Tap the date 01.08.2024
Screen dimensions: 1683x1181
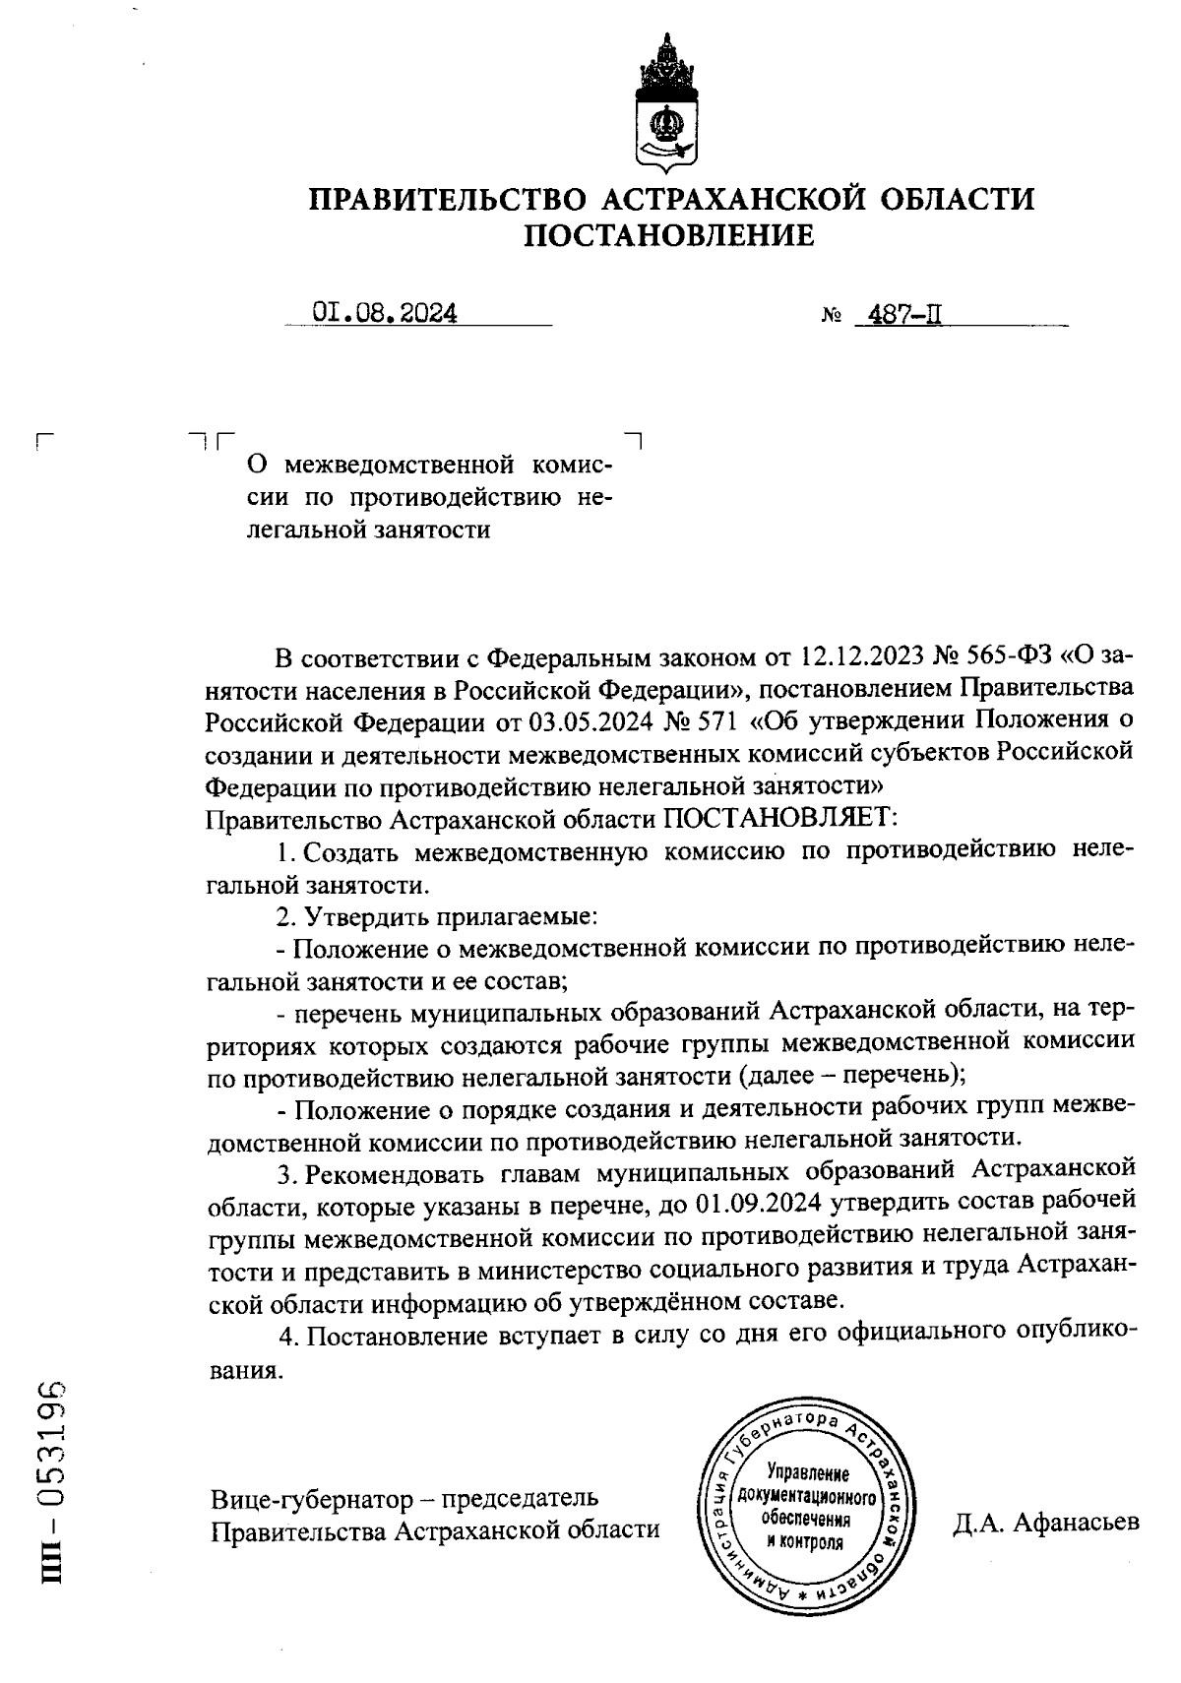(385, 314)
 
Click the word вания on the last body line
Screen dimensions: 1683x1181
(245, 1370)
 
